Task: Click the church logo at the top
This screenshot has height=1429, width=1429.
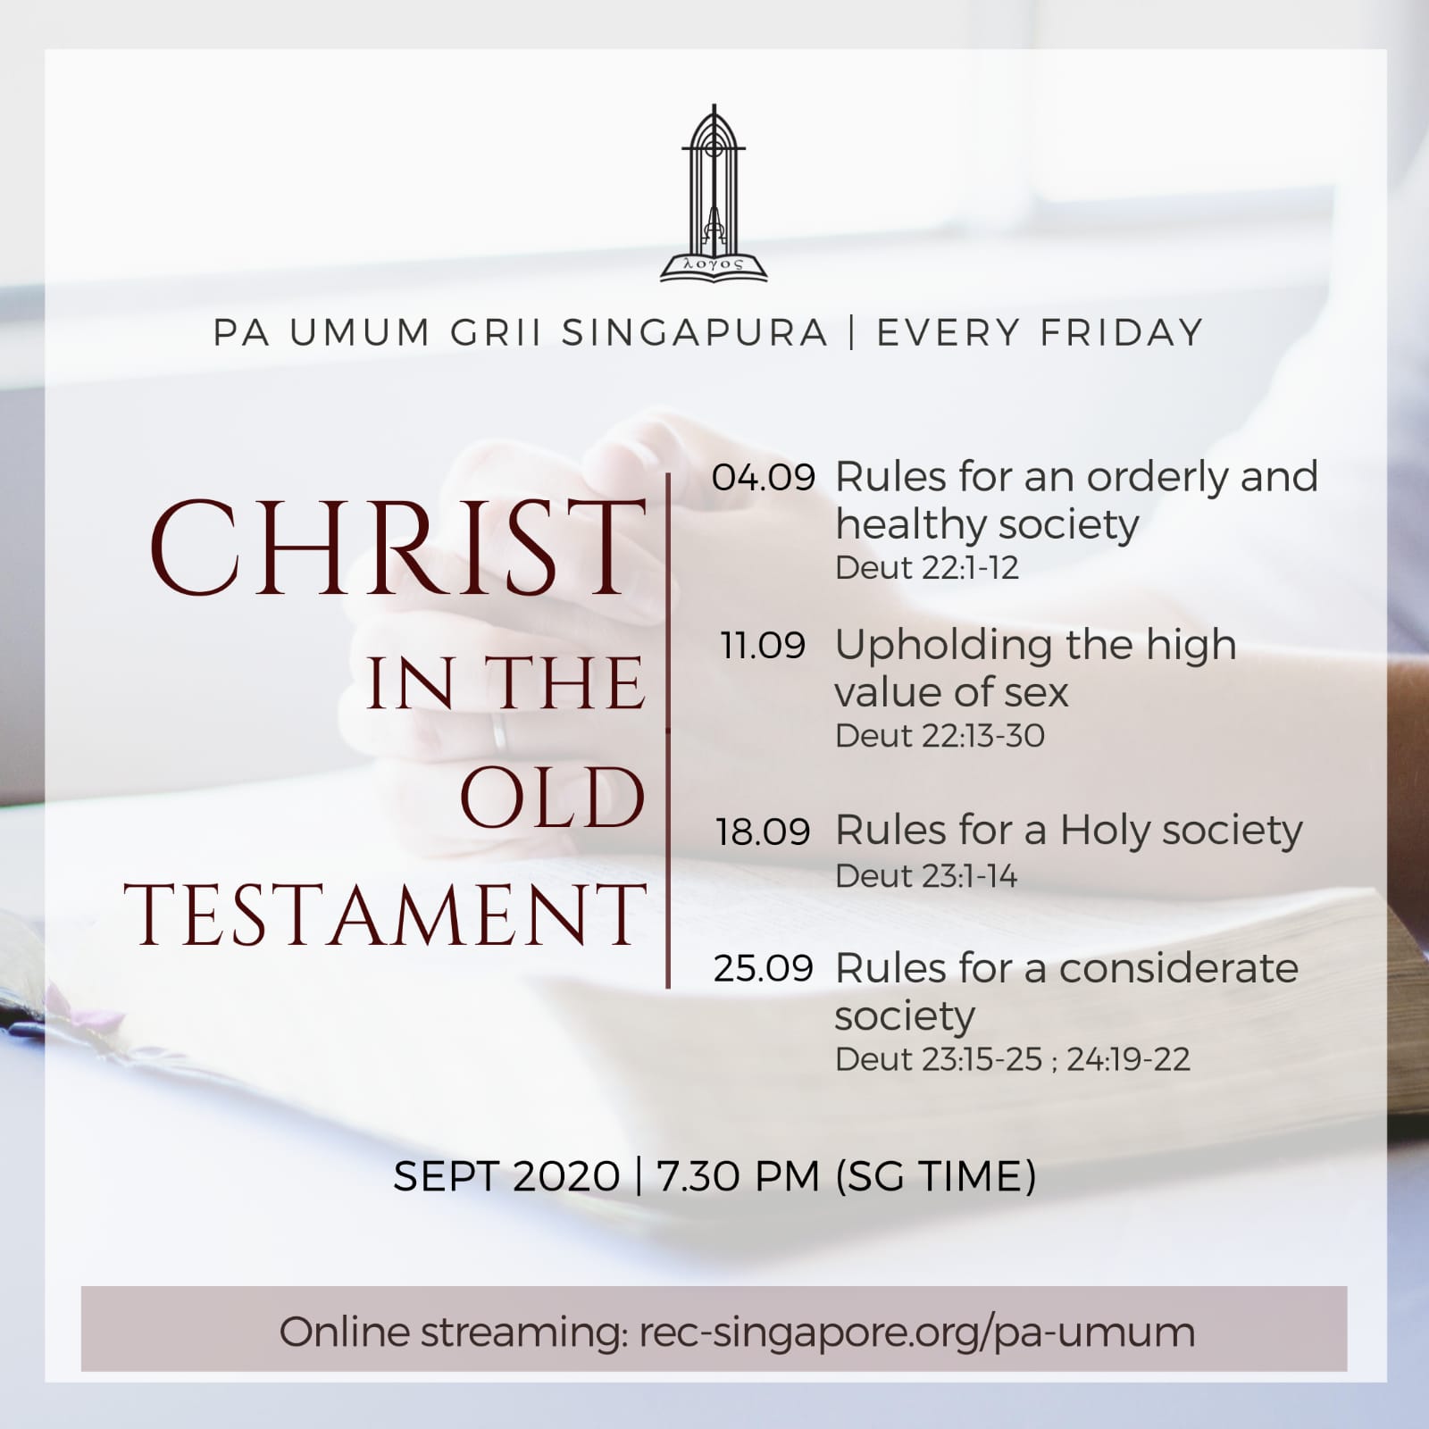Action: tap(714, 194)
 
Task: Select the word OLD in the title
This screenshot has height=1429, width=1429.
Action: tap(553, 798)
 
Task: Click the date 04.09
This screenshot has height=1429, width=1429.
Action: tap(764, 478)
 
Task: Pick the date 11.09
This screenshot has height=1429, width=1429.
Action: tap(764, 645)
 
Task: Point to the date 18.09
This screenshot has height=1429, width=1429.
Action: tap(763, 831)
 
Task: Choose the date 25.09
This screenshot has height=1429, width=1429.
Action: tap(764, 969)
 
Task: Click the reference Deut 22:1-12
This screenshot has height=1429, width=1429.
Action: tap(926, 568)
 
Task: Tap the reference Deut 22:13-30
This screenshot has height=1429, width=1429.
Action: tap(940, 736)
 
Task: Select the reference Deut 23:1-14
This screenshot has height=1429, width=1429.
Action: tap(925, 876)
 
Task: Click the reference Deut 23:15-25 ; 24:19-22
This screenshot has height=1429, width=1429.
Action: tap(1012, 1059)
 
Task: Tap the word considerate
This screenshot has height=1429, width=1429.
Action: tap(1179, 968)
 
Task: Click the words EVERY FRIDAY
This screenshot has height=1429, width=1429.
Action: tap(1040, 332)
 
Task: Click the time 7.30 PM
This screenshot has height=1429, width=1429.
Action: tap(738, 1176)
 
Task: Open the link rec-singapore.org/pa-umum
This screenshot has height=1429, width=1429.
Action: tap(917, 1332)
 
